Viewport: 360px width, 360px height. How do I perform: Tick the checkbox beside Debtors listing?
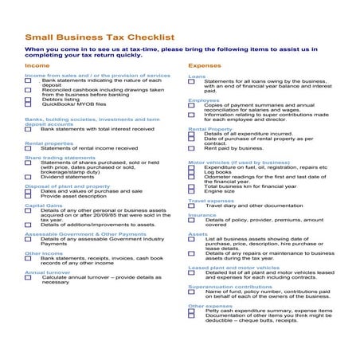click(29, 99)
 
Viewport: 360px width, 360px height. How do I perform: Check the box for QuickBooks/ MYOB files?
click(29, 104)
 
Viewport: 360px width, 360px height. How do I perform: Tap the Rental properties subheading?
click(49, 143)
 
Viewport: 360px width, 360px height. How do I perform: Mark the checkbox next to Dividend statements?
click(29, 177)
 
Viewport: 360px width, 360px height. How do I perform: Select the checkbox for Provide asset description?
click(29, 196)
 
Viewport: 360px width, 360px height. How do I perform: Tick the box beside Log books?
click(191, 172)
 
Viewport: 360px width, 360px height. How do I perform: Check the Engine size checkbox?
click(191, 191)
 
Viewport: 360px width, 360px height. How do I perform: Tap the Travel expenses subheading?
click(210, 201)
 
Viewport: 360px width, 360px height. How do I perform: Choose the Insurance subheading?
click(202, 214)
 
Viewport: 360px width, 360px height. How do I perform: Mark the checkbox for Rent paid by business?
click(191, 148)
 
